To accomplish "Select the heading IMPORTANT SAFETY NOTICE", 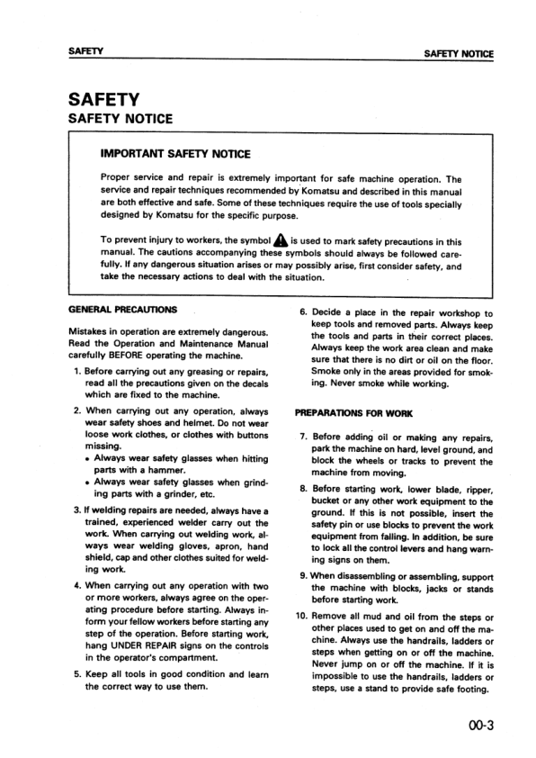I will click(175, 155).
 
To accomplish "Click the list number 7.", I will click(303, 438).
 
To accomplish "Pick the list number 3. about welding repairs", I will click(77, 510).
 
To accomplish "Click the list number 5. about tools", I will click(77, 673).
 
